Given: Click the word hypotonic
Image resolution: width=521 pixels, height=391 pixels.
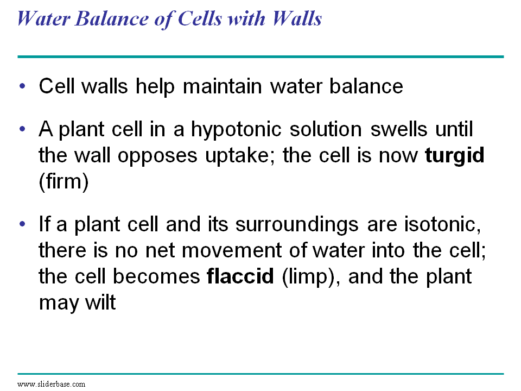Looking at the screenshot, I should tap(239, 130).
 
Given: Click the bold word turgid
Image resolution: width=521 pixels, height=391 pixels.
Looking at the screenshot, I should tap(454, 156).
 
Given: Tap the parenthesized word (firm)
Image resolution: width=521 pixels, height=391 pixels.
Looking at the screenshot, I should tap(63, 181).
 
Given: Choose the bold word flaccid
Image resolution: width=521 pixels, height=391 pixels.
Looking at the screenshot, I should tap(240, 276).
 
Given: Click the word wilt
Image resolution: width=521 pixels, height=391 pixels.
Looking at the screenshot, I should tap(100, 302).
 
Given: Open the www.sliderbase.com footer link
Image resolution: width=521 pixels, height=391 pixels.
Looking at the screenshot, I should tap(52, 384).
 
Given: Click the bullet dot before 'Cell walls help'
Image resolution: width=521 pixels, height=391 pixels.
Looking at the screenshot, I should tap(22, 87).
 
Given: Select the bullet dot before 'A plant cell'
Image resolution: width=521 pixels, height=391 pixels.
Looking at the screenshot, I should tap(22, 130).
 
